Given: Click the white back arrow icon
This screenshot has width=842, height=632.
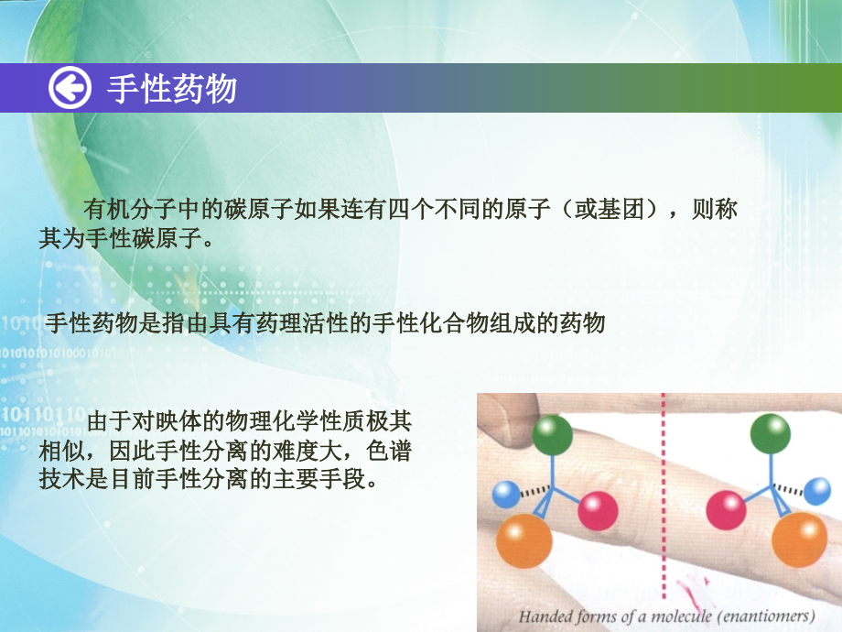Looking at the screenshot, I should (x=70, y=89).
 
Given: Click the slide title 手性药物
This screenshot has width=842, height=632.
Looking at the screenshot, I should (x=172, y=89).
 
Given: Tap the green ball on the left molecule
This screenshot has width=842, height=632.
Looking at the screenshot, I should (x=552, y=435).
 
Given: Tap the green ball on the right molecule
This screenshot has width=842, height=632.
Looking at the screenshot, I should (x=770, y=434).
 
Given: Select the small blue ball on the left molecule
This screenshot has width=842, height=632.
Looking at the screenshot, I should (x=505, y=495).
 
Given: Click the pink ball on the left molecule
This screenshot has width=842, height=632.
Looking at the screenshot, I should (x=599, y=509).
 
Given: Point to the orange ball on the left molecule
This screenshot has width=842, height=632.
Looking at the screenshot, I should (x=524, y=540).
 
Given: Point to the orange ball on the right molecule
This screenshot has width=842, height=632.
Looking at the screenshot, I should (x=799, y=539).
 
